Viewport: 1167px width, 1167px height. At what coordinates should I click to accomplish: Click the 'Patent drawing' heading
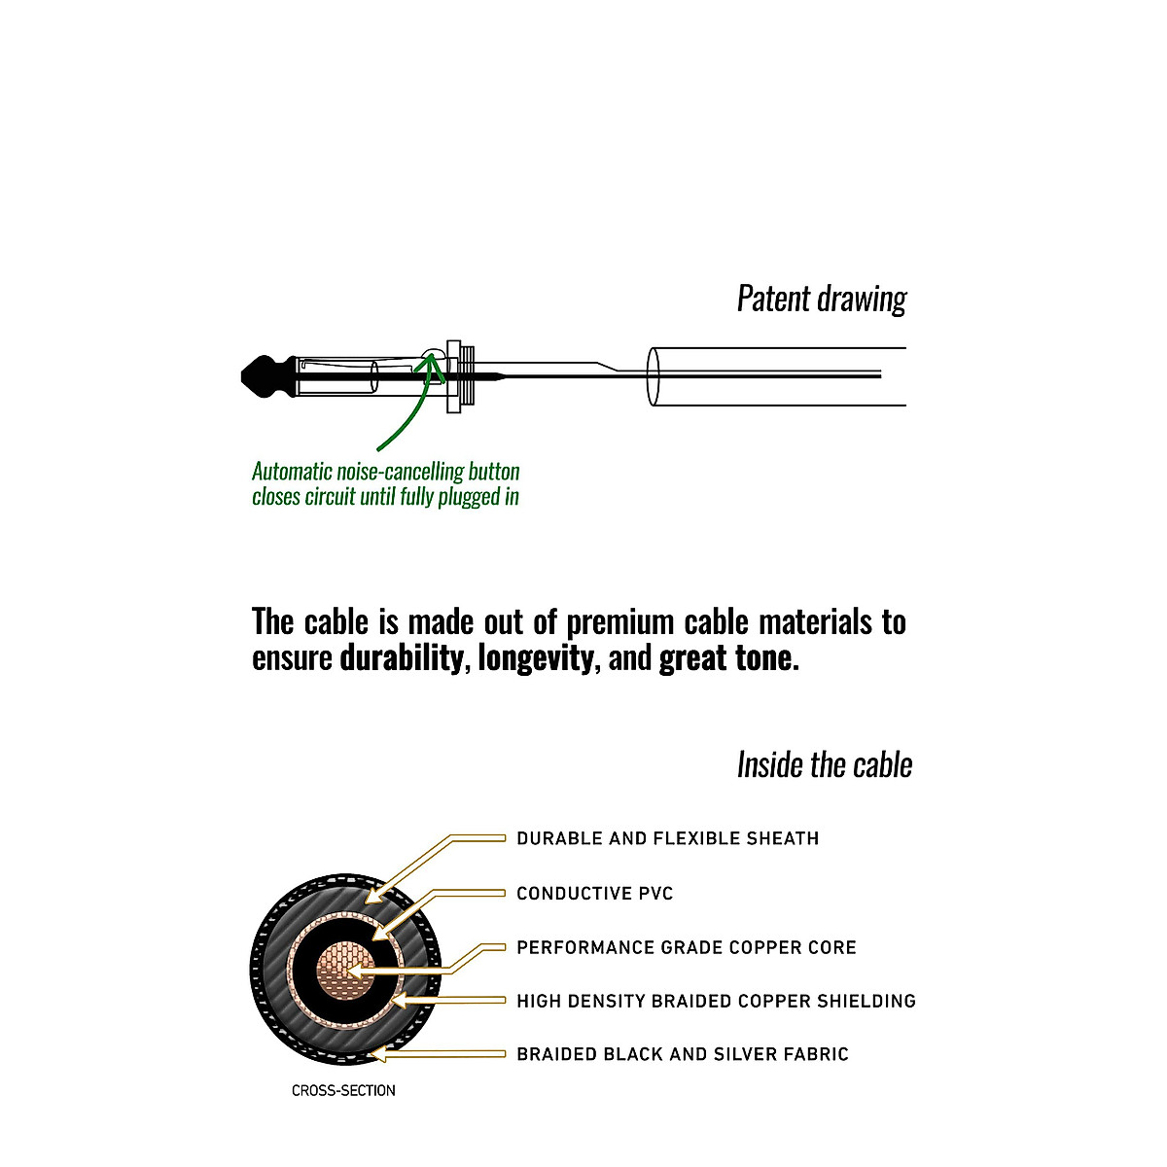tap(821, 299)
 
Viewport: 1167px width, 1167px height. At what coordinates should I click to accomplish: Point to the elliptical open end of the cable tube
tap(654, 375)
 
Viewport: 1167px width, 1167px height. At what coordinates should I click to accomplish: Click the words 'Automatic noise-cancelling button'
tap(386, 472)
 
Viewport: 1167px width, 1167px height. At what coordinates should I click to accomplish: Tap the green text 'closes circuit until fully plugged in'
tap(385, 497)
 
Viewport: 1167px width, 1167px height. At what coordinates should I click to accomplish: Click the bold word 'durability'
tap(401, 659)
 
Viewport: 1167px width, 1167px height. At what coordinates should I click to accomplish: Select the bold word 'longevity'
tap(535, 659)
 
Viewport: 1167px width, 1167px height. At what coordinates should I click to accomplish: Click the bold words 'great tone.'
tap(729, 659)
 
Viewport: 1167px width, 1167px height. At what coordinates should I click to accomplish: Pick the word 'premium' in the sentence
tap(621, 622)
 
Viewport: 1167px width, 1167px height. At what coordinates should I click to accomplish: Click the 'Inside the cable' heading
tap(824, 765)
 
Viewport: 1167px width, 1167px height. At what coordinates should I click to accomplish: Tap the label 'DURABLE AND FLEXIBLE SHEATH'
tap(667, 838)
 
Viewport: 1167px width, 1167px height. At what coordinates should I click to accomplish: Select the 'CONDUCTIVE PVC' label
tap(594, 894)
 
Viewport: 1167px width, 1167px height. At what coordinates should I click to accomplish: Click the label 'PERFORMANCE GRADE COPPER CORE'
tap(686, 947)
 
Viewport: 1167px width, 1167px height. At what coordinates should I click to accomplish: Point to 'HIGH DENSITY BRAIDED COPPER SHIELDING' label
tap(716, 1001)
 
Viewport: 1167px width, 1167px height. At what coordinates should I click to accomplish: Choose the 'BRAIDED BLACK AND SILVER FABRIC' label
tap(682, 1054)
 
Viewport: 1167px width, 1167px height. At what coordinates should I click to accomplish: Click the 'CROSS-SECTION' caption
tap(343, 1091)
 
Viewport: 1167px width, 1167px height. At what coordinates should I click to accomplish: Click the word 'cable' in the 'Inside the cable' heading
tap(882, 765)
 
